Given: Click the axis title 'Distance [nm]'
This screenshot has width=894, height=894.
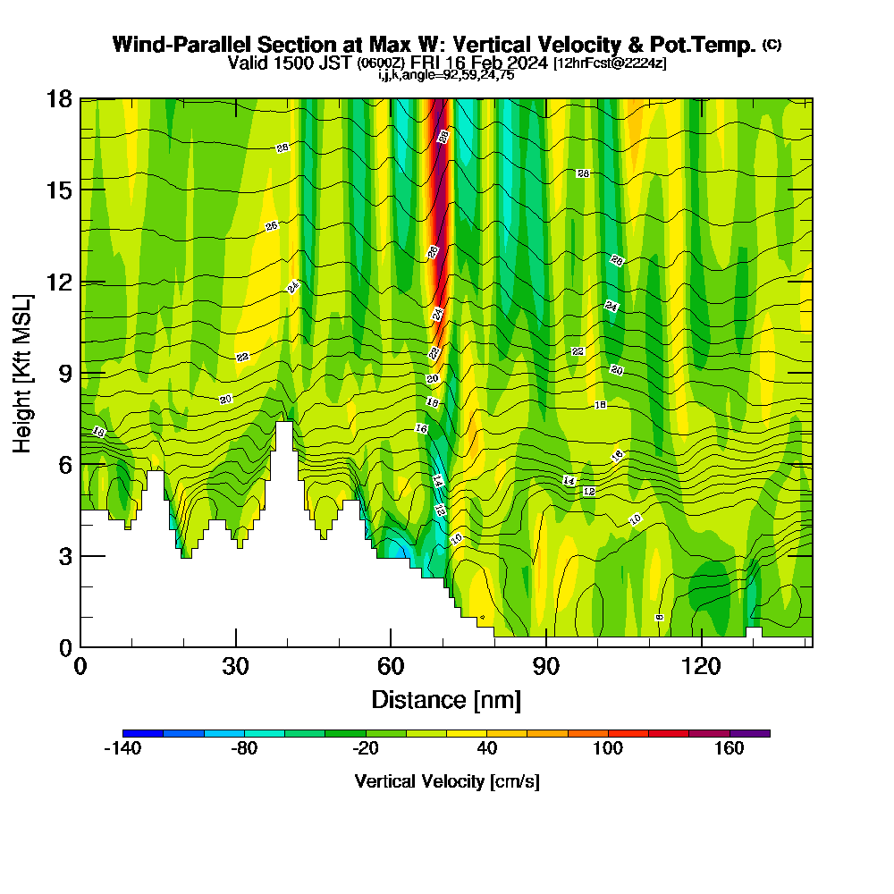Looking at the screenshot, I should tap(446, 698).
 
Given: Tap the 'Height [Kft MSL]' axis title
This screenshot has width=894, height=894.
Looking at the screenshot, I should tap(23, 373).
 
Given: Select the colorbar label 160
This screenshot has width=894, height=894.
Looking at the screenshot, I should tap(730, 749).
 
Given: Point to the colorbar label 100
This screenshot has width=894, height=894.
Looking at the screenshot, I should tap(608, 749).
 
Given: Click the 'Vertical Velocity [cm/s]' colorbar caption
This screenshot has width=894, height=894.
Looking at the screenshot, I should tap(446, 781).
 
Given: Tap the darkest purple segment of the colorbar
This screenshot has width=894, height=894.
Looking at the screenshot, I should tap(749, 733).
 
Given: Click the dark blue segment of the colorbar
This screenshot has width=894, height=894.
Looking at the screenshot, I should tap(143, 733).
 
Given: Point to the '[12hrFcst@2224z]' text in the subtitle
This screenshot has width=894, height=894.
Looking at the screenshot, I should tap(610, 63).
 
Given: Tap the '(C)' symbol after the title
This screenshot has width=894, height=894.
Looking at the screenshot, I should tap(772, 44).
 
